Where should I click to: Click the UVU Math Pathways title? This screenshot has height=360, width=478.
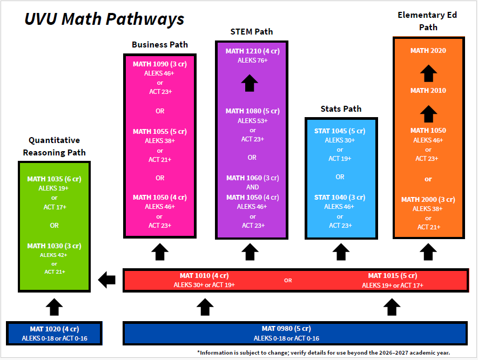tap(105, 19)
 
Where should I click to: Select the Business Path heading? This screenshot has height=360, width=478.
tap(160, 44)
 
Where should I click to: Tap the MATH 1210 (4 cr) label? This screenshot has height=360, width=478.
tap(252, 51)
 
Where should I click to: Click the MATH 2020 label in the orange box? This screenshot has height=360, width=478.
tap(428, 51)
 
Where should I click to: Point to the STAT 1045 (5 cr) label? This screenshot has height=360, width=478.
tap(340, 131)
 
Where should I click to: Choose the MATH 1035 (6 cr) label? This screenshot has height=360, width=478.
tap(55, 179)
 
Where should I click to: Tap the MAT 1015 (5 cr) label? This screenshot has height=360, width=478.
tap(393, 276)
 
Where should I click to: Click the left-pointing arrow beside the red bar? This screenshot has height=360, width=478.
tap(107, 280)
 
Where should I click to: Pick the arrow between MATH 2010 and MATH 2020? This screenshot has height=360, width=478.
tap(428, 71)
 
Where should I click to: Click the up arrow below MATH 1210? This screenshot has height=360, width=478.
tap(250, 83)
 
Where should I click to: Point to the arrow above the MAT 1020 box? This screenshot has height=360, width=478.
tap(54, 307)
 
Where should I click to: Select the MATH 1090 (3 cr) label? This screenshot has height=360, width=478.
tap(160, 64)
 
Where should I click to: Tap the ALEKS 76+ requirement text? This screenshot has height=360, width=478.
tap(252, 60)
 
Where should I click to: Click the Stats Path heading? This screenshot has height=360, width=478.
tap(341, 109)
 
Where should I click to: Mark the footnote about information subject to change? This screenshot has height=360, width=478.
tap(323, 352)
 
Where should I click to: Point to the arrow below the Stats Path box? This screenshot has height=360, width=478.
tap(341, 252)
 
